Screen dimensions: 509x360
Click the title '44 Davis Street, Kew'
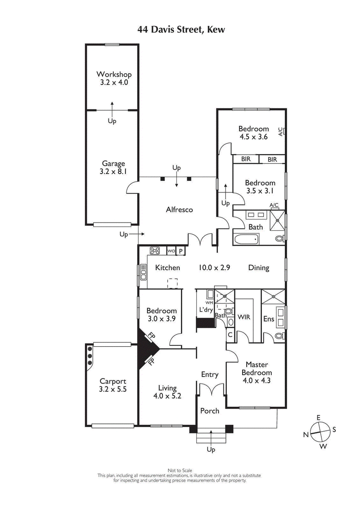[x=180, y=30]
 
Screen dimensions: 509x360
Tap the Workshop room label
[x=113, y=74]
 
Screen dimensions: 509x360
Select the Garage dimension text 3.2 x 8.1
[x=113, y=171]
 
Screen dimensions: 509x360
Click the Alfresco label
[x=179, y=210]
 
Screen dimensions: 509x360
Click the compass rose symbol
[x=319, y=432]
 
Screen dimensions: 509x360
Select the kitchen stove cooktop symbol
[x=156, y=251]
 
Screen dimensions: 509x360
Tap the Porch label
[x=210, y=411]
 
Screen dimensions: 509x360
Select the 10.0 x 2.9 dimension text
[x=215, y=268]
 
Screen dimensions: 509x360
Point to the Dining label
[x=259, y=268]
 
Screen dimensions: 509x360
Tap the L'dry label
[x=207, y=310]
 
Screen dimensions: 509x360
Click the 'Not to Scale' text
[x=180, y=470]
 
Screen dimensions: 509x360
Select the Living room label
[x=167, y=388]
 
